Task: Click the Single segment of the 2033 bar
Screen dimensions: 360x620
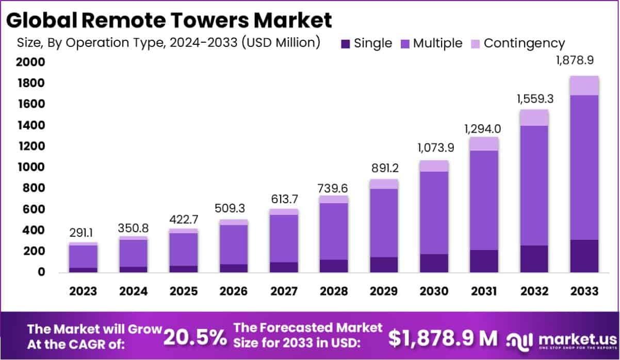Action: (x=584, y=256)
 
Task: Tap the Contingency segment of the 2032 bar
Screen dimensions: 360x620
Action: (x=534, y=118)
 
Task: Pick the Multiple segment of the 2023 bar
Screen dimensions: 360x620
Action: (x=83, y=256)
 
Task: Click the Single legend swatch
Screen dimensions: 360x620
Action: (x=346, y=44)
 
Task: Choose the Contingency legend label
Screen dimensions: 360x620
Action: (x=525, y=43)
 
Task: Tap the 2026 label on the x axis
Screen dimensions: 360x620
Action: (x=233, y=291)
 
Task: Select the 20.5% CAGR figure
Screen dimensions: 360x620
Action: (x=195, y=338)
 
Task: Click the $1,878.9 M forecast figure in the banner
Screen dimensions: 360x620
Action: (x=443, y=338)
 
